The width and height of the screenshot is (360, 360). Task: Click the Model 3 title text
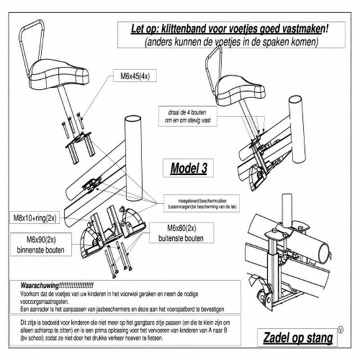tap(190, 168)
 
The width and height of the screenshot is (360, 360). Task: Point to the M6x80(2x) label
tap(173, 229)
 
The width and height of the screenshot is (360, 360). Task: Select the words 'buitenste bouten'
tap(173, 240)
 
